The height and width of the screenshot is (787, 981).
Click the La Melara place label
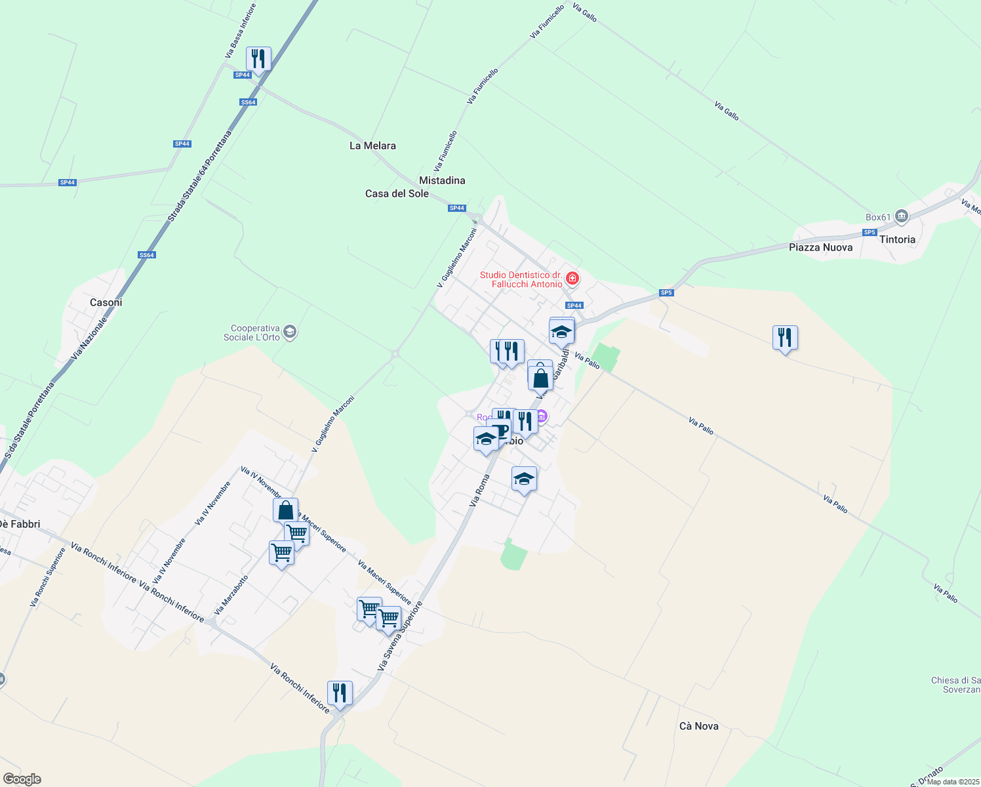click(372, 146)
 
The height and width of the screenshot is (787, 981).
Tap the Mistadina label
click(442, 180)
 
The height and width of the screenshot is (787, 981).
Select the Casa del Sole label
click(397, 193)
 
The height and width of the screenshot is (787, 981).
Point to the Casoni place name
click(106, 302)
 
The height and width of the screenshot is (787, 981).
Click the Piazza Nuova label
click(820, 247)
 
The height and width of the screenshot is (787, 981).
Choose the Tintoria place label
click(897, 239)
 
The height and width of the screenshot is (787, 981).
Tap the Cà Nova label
click(698, 726)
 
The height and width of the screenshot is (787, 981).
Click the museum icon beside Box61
click(902, 216)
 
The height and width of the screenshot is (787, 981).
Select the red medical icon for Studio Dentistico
click(572, 279)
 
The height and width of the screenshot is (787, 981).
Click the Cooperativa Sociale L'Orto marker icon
click(290, 333)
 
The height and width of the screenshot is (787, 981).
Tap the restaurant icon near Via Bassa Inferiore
click(258, 59)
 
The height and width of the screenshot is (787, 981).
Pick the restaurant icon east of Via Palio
click(785, 338)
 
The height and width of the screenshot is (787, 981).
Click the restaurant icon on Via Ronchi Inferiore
click(340, 693)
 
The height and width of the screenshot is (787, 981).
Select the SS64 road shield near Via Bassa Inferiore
click(248, 102)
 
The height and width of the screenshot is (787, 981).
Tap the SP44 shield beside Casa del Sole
click(456, 208)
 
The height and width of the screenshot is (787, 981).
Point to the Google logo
click(22, 779)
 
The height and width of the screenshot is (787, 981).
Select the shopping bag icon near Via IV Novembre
click(286, 510)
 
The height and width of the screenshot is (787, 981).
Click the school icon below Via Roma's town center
click(523, 479)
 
